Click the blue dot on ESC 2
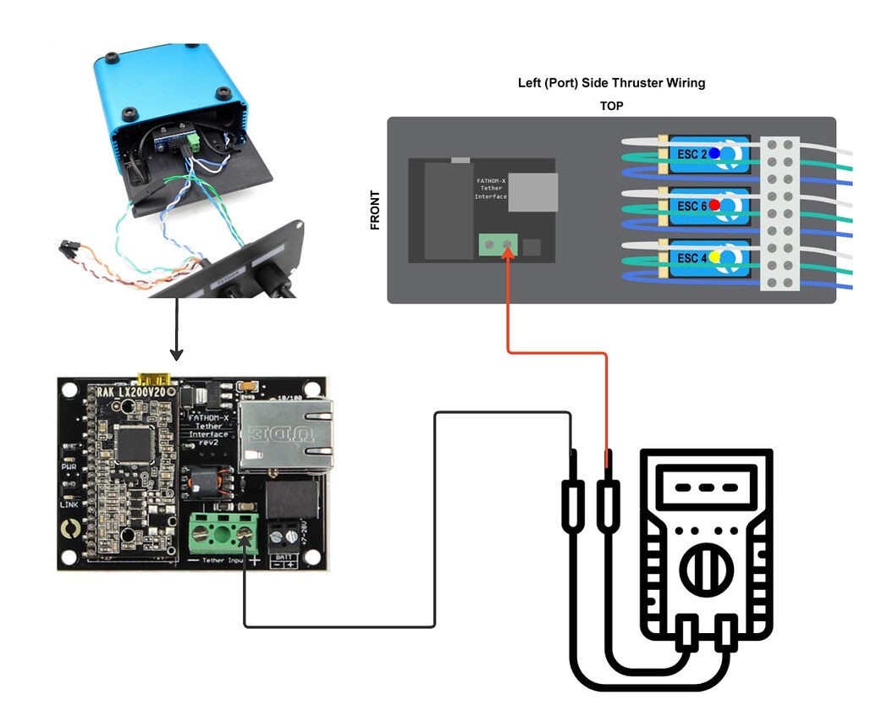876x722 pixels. (714, 153)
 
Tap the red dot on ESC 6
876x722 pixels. (715, 205)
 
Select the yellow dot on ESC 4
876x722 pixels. (715, 256)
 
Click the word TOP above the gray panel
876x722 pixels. (612, 106)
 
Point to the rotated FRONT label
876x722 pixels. (375, 210)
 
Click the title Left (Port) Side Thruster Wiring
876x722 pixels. (611, 83)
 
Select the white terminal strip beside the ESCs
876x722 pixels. (780, 213)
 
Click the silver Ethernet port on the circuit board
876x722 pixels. (284, 433)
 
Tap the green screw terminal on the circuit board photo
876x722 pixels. (223, 532)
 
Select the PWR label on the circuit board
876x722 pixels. (69, 466)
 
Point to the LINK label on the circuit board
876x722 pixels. (69, 504)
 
